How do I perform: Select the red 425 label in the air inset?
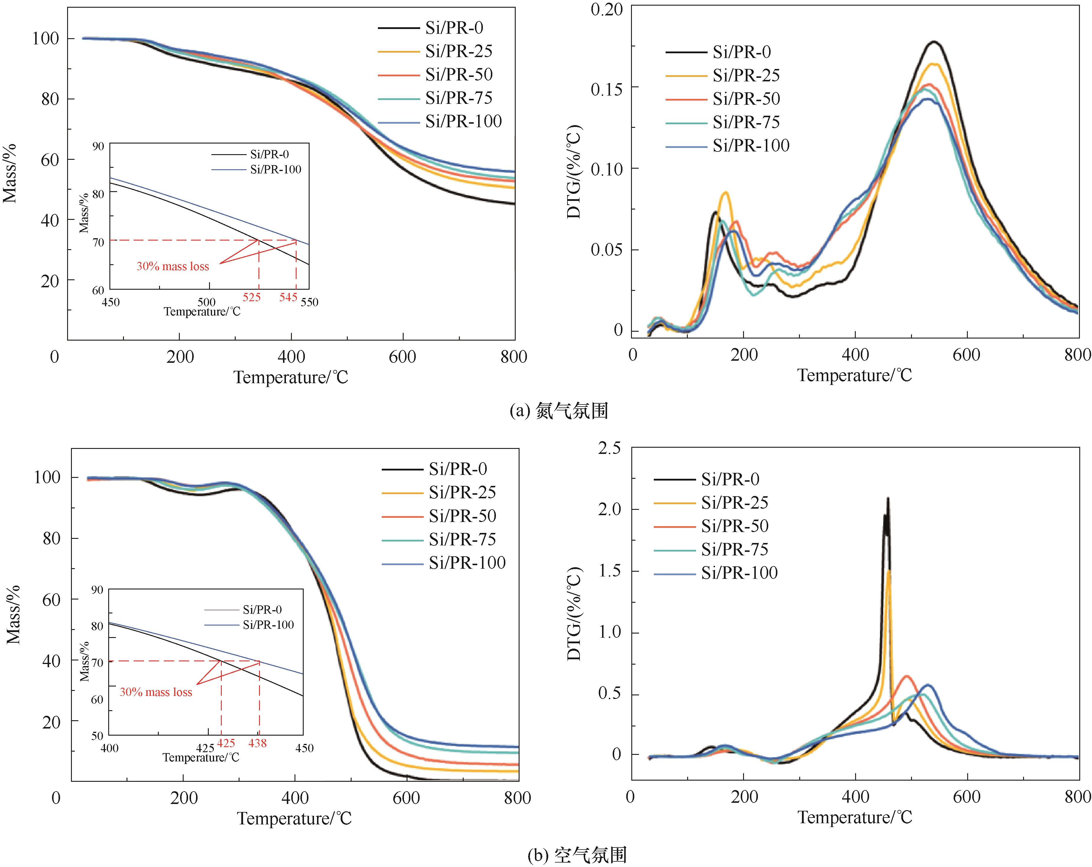point(226,743)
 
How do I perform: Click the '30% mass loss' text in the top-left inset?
point(173,267)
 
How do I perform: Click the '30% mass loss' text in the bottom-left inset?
point(156,692)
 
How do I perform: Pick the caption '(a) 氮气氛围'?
point(559,410)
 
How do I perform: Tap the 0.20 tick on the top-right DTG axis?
point(607,9)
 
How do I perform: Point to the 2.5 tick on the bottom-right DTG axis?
point(609,448)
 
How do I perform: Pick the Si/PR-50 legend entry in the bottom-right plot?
point(735,526)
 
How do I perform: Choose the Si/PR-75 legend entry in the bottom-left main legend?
point(462,539)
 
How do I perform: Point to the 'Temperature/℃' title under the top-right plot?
point(855,376)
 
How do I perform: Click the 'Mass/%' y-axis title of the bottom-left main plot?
point(14,614)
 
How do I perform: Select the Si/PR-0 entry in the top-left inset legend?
point(269,154)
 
